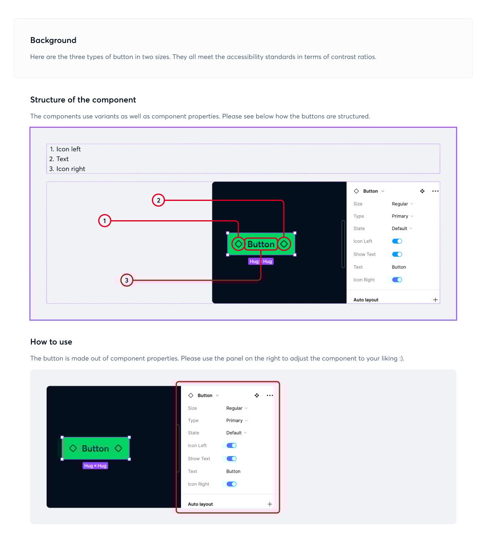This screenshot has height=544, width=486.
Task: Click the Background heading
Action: click(53, 40)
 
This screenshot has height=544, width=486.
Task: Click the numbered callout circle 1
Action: click(104, 221)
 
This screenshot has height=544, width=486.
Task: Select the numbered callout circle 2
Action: click(159, 200)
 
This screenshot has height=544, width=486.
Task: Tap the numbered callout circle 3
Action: click(127, 280)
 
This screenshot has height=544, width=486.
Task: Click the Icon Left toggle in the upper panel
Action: click(397, 241)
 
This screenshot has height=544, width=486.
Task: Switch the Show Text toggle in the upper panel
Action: click(397, 254)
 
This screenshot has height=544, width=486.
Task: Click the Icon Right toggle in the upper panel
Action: click(397, 280)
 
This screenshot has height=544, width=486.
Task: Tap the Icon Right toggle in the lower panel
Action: click(232, 484)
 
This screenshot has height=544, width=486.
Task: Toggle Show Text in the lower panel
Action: click(232, 459)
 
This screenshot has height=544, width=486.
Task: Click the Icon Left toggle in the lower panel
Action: click(232, 446)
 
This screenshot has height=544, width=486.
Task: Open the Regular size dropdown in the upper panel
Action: click(402, 204)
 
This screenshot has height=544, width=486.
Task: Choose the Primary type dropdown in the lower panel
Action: click(237, 421)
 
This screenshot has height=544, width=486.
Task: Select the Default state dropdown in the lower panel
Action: click(236, 433)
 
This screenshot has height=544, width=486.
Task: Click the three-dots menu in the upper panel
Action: click(435, 191)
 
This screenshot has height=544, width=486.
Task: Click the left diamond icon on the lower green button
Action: click(73, 448)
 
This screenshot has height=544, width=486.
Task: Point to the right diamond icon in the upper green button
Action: click(284, 244)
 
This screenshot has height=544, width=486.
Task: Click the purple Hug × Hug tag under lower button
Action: click(95, 466)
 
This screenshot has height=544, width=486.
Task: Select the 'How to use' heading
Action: click(51, 342)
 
